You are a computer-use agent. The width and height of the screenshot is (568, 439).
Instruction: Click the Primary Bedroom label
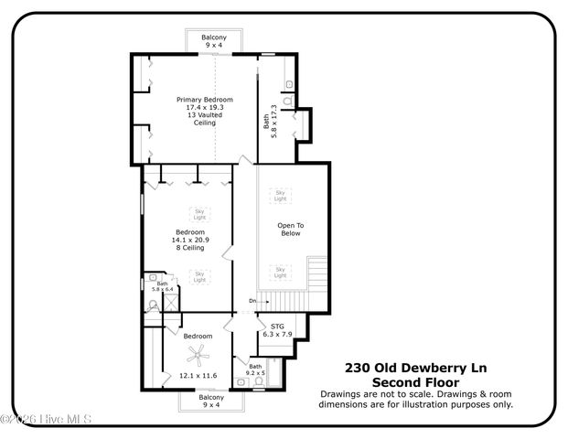click(x=204, y=100)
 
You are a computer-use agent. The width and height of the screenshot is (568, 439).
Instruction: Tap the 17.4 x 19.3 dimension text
click(x=204, y=108)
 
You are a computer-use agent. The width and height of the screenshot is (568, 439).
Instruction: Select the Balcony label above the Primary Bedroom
click(x=214, y=38)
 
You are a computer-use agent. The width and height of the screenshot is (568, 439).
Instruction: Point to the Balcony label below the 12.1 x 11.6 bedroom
click(x=211, y=399)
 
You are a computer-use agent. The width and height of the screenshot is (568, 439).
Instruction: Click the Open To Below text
click(x=291, y=229)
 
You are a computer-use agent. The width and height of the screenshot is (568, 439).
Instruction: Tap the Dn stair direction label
click(x=252, y=301)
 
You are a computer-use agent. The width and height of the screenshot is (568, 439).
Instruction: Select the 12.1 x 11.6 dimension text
click(x=198, y=375)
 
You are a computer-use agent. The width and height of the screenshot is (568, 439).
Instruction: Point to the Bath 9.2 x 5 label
click(x=254, y=369)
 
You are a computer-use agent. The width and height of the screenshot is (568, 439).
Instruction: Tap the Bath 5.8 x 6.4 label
click(x=161, y=286)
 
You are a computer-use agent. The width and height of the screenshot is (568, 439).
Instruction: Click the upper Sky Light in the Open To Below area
click(x=281, y=195)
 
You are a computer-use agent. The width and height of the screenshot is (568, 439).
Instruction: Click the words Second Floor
click(x=416, y=382)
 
